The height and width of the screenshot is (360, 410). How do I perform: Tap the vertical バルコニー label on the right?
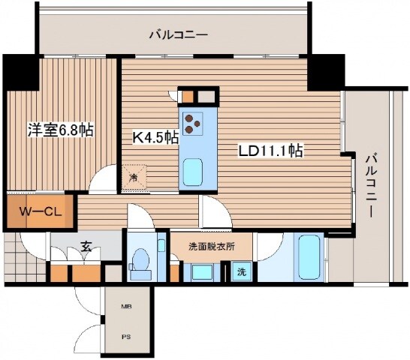point(370,184)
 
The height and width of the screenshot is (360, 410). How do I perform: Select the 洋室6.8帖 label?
point(61,130)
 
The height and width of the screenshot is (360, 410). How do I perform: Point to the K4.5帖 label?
point(155,137)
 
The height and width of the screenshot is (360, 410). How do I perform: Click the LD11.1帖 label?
point(270,151)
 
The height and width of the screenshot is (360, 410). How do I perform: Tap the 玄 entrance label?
point(86,245)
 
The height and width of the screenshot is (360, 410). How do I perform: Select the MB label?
point(125,306)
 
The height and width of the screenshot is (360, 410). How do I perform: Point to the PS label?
point(125,337)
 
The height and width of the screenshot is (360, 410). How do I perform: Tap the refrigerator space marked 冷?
point(134,178)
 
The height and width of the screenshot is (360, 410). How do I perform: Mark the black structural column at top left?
point(20,72)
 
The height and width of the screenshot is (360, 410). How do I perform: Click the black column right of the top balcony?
point(325,72)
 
